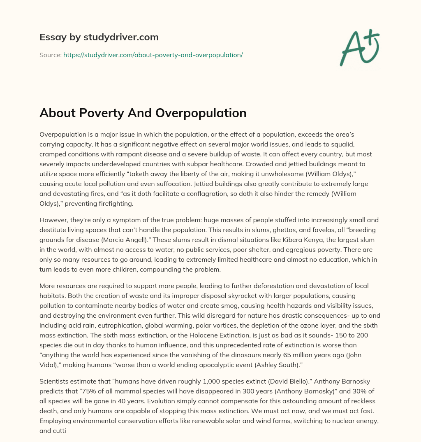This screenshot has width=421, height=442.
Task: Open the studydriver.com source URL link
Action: pos(153,55)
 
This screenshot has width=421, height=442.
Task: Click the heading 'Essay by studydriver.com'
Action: pos(99,37)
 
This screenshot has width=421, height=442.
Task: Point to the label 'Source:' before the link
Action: pos(50,55)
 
